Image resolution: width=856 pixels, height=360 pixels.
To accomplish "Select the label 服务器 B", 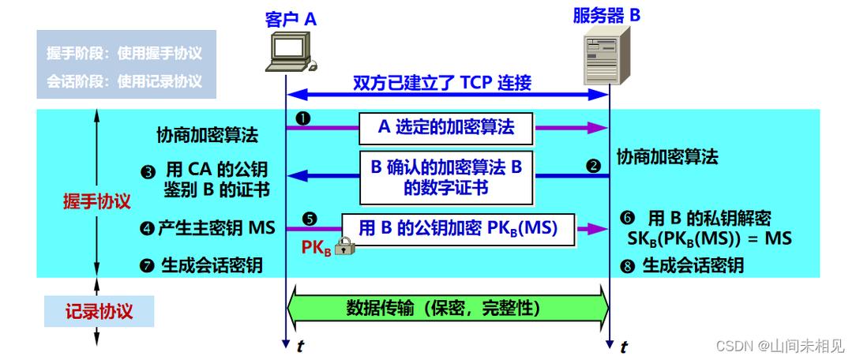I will (607, 13).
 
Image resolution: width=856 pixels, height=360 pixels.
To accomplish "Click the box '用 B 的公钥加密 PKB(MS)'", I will (459, 229).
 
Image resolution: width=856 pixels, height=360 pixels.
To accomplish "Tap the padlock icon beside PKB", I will (344, 247).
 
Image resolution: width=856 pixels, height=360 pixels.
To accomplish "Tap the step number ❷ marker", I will (594, 167).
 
